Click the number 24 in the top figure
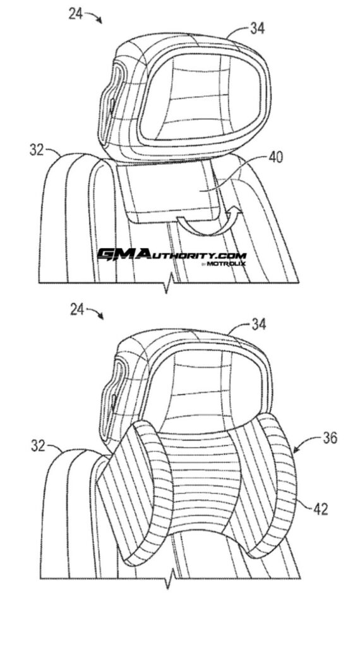click(x=75, y=15)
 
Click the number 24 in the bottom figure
click(x=77, y=309)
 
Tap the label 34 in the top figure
click(x=257, y=28)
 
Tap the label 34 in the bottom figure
click(x=258, y=324)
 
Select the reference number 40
click(x=275, y=157)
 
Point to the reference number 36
click(x=330, y=438)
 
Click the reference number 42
click(x=320, y=510)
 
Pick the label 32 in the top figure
click(x=37, y=150)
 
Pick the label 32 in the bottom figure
click(x=38, y=445)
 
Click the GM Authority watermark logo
click(x=172, y=257)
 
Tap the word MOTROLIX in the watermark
click(x=225, y=263)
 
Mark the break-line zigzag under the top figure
click(x=166, y=284)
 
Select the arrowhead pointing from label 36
click(x=296, y=450)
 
